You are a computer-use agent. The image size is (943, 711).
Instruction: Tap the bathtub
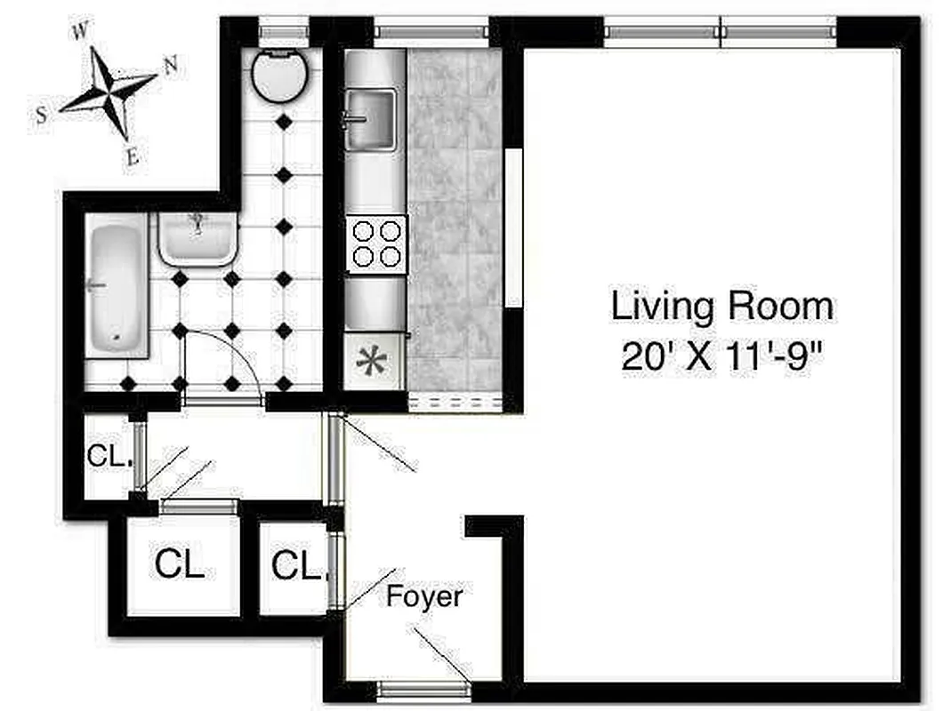click(x=117, y=289)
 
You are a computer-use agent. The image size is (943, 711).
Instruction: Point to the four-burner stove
click(x=375, y=244)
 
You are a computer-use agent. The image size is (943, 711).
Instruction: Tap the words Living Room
click(x=721, y=307)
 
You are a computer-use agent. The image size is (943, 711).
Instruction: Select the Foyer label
click(x=423, y=595)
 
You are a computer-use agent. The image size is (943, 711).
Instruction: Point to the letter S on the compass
click(x=41, y=115)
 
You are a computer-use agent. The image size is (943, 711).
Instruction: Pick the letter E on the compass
click(x=132, y=159)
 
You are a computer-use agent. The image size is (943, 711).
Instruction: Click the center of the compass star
click(x=109, y=92)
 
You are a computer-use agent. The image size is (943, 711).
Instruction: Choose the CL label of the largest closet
click(x=180, y=563)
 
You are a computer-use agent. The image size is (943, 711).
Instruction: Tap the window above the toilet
click(x=283, y=33)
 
